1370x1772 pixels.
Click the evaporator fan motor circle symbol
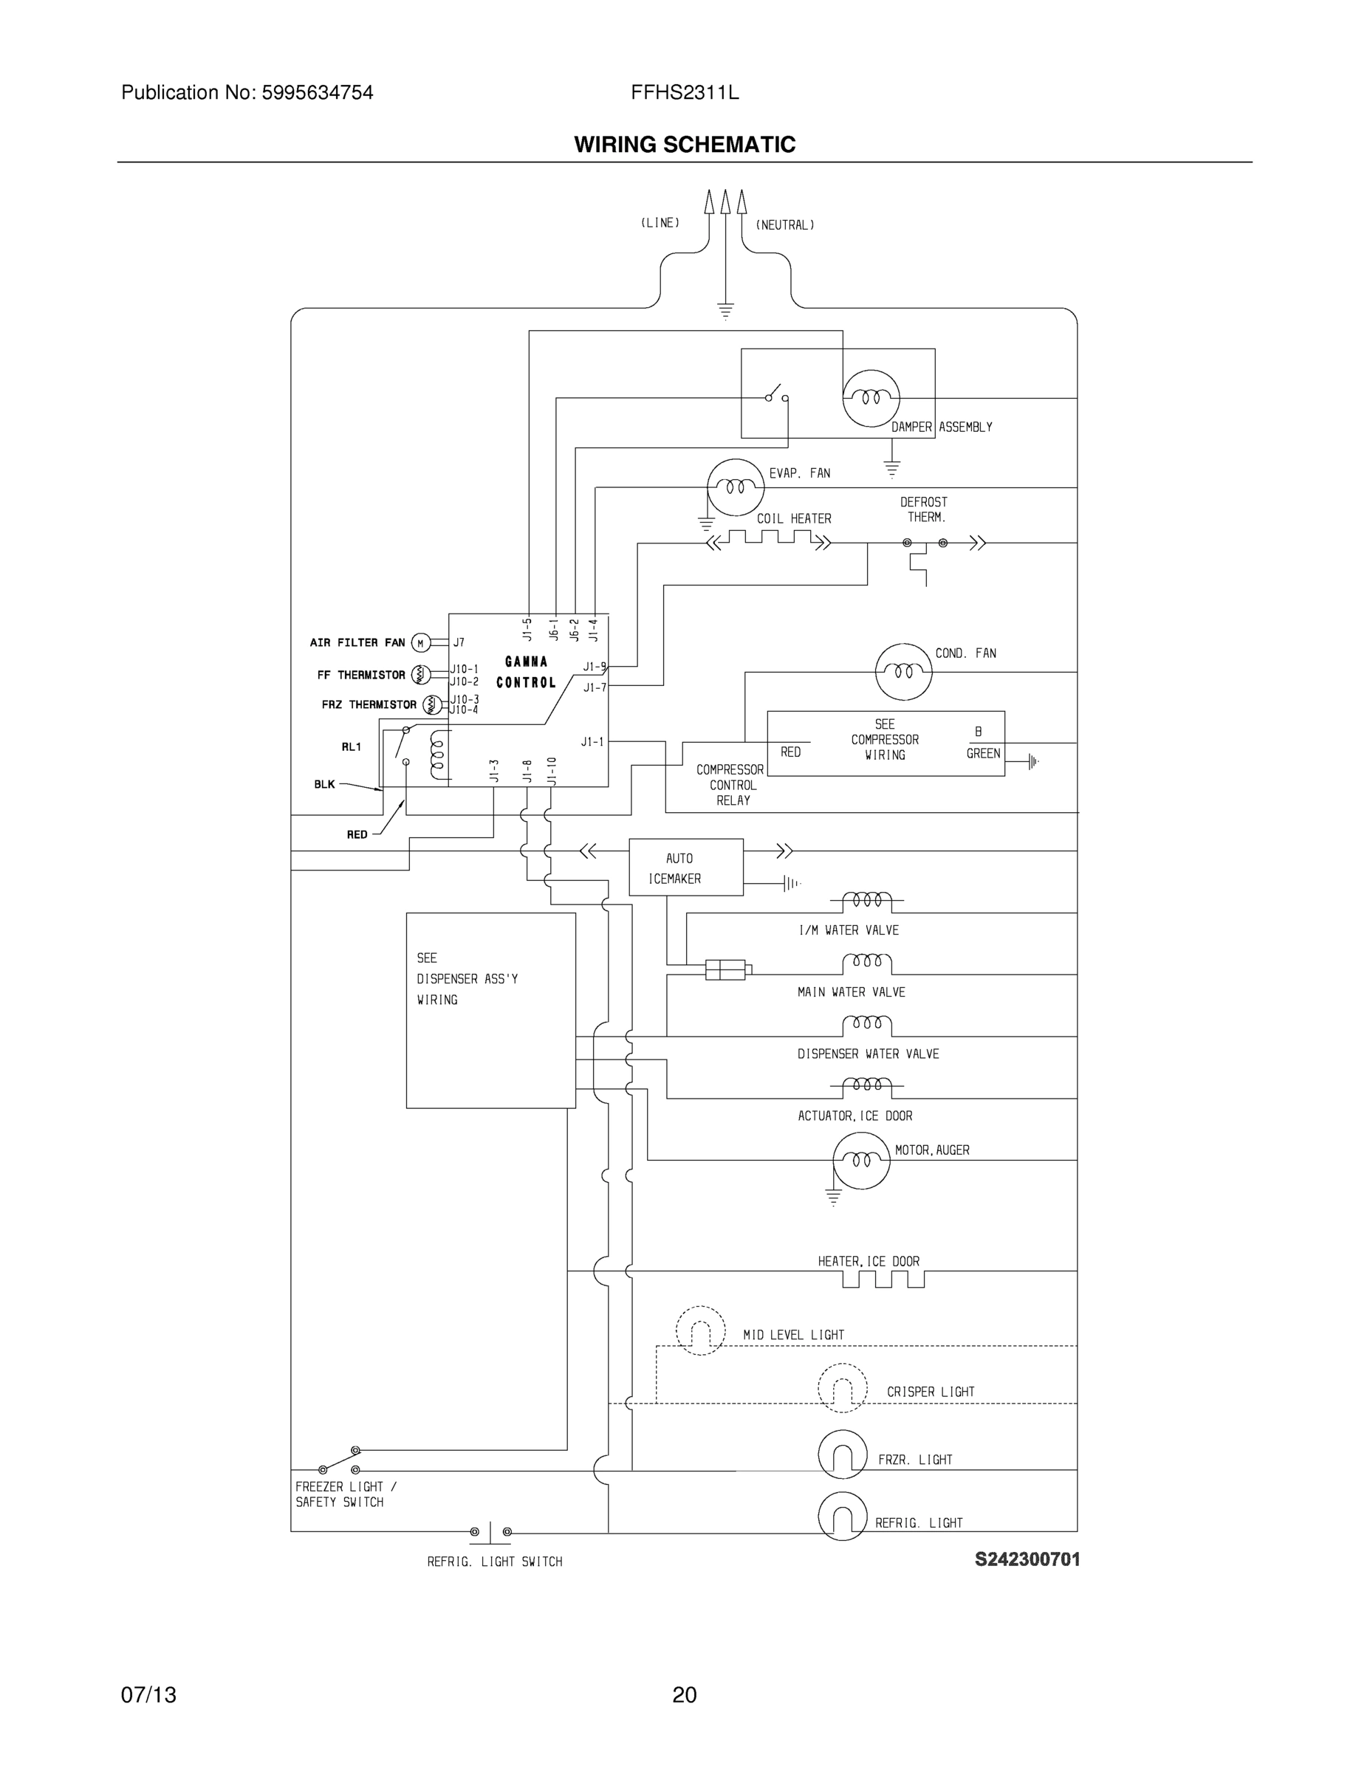(736, 487)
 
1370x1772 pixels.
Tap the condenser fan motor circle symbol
(903, 671)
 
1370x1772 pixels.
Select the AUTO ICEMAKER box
(686, 868)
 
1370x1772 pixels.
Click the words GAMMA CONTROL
(526, 672)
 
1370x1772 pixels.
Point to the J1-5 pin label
(527, 629)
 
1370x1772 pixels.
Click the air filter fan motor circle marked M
(419, 642)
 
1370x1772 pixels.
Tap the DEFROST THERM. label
(924, 509)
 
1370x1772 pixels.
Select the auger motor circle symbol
(861, 1160)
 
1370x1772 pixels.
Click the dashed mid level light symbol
(700, 1330)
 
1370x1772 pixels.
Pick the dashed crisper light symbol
(843, 1388)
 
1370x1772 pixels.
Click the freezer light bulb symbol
(843, 1455)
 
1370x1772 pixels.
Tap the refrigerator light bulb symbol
(843, 1517)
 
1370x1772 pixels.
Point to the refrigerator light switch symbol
(490, 1532)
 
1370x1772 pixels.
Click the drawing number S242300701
(1027, 1559)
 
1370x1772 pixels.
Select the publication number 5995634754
(318, 92)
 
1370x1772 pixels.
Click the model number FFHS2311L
(685, 92)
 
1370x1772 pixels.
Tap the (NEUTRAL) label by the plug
(785, 225)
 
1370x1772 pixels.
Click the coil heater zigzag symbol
(770, 539)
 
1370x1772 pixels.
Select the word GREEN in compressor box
(983, 754)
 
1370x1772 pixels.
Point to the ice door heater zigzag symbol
(883, 1280)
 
